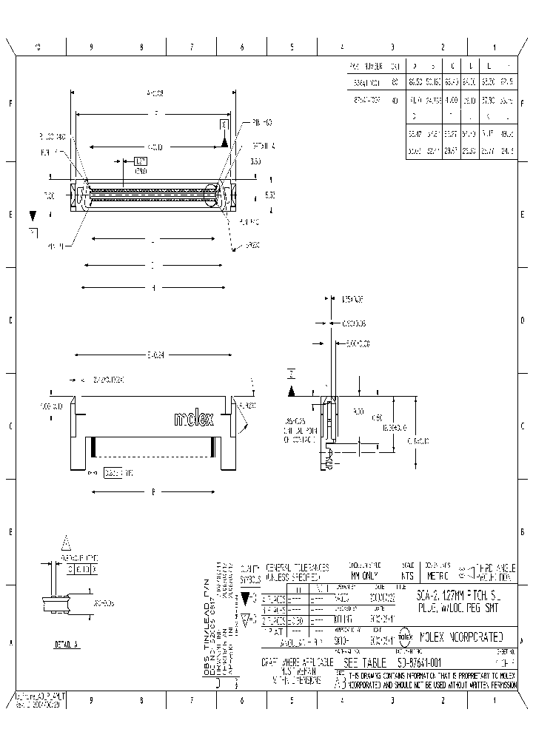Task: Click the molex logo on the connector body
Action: pyautogui.click(x=194, y=419)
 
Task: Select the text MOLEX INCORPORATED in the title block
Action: pyautogui.click(x=462, y=637)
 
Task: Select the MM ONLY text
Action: pyautogui.click(x=364, y=575)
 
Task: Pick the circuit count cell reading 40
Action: pyautogui.click(x=395, y=98)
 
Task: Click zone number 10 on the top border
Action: pyautogui.click(x=38, y=47)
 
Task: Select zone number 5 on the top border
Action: pyautogui.click(x=292, y=47)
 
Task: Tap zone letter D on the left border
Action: pyautogui.click(x=10, y=320)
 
